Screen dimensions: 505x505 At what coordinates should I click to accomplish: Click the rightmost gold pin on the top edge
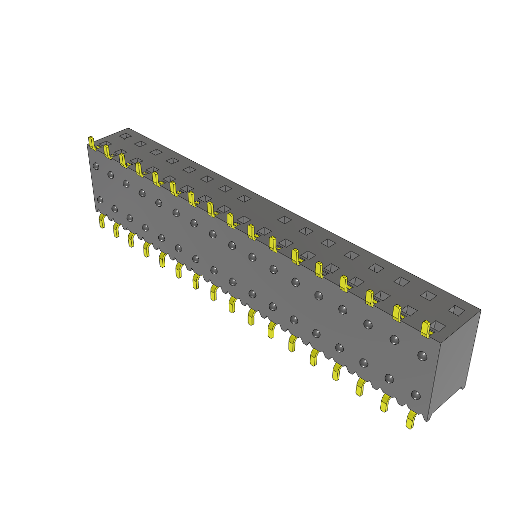pos(426,328)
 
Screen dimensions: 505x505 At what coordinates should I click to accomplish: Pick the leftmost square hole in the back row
pos(125,135)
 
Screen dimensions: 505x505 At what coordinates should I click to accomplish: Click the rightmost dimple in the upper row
pos(422,355)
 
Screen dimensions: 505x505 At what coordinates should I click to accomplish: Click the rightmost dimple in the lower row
pos(415,395)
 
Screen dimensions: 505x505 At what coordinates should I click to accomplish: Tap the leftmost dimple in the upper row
pos(96,166)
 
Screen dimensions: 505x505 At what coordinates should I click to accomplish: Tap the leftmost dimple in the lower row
pos(100,199)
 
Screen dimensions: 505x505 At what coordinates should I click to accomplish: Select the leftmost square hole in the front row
pos(105,144)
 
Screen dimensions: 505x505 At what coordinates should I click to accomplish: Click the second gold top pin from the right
pos(397,313)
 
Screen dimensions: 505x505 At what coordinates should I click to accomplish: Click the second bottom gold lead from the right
pos(385,403)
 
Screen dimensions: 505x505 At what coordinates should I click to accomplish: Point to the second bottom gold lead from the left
pos(117,230)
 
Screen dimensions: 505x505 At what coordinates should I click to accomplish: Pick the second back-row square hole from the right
pos(429,295)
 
